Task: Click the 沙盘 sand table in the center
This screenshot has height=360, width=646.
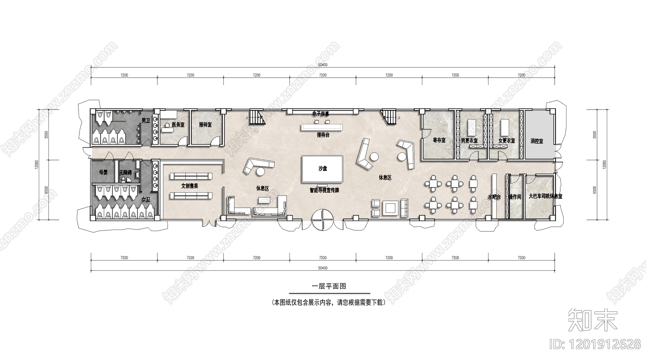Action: coord(323,168)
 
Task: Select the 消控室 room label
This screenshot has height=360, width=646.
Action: coord(537,141)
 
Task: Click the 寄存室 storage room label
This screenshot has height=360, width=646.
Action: coord(439,140)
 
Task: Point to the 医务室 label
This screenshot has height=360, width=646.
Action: coord(178,125)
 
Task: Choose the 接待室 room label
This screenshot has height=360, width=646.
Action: coord(205,125)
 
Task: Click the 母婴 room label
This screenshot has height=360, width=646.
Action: coord(103,172)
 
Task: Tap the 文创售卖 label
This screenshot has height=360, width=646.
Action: coord(190,186)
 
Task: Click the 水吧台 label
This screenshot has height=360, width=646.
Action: coord(494,197)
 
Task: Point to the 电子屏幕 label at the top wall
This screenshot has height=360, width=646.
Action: coord(321,114)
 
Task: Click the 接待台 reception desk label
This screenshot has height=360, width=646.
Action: coord(323,135)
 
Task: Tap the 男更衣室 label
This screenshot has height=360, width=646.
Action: coord(469,141)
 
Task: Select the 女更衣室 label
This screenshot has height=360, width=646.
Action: coord(507,141)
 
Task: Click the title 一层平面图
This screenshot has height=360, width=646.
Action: coord(329,286)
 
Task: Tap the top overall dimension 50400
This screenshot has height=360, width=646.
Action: coord(323,65)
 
